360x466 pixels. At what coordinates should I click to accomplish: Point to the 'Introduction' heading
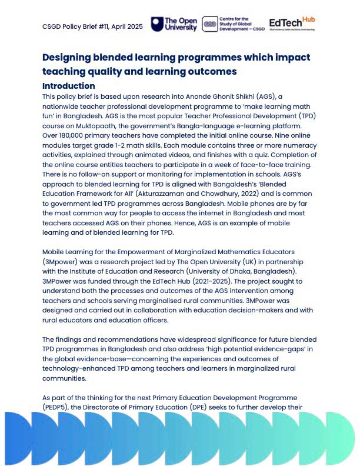click(68, 86)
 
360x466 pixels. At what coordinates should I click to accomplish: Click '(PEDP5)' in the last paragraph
click(61, 407)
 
